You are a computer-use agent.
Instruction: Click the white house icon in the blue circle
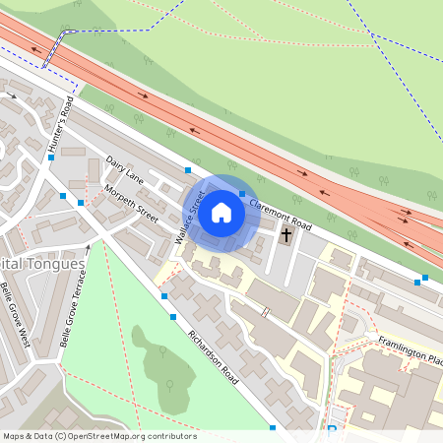pos(221,213)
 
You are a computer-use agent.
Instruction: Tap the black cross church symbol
pos(287,235)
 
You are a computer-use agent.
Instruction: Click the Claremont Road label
pos(281,216)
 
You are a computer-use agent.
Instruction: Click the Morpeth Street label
pos(131,201)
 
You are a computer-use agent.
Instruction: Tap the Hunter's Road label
pos(59,127)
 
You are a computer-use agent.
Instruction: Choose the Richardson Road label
pos(213,356)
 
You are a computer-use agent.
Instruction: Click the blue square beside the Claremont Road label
pos(242,194)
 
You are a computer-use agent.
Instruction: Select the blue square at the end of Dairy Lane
pos(187,170)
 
